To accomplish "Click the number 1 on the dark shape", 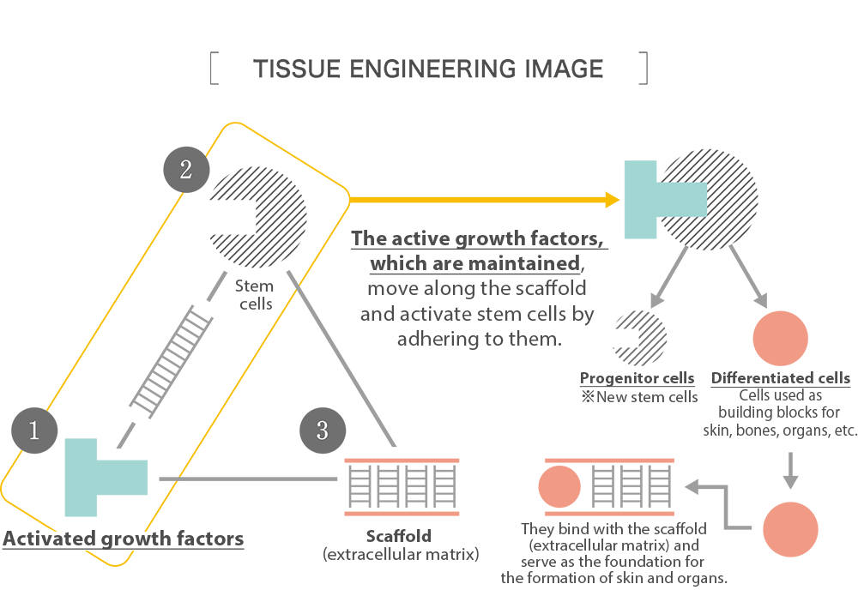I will click(34, 430).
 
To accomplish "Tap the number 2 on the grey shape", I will click(185, 170).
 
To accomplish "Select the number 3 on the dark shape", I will click(323, 430).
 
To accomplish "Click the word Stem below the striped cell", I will click(254, 286).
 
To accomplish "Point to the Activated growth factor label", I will click(118, 539).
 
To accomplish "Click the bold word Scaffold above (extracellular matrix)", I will click(398, 537).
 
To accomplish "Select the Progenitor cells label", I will click(637, 379).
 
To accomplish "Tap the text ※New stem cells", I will click(640, 396).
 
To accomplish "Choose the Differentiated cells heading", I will click(781, 379).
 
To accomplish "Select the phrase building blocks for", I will click(766, 412).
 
